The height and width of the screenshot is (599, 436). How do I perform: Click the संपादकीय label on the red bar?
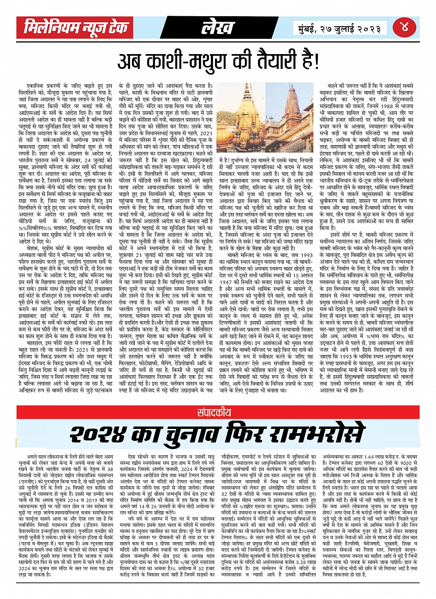pos(218,413)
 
